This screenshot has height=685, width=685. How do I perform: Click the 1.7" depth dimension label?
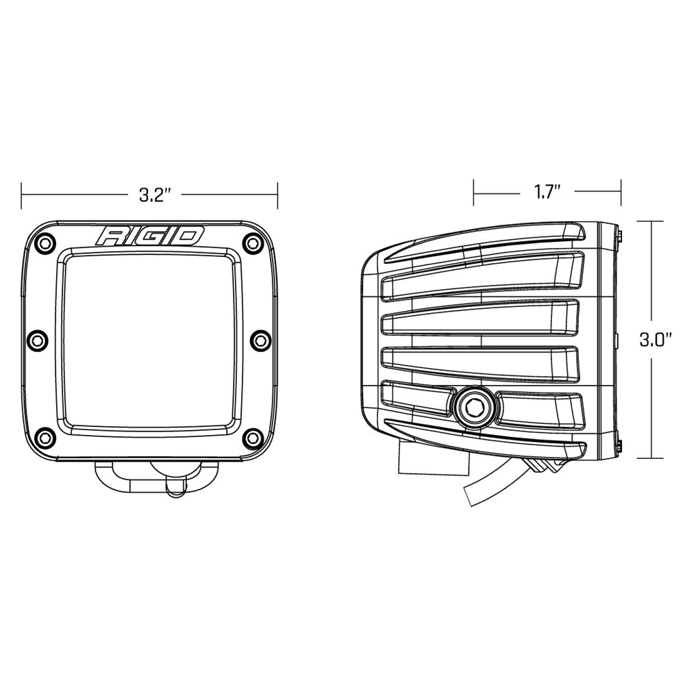(x=547, y=192)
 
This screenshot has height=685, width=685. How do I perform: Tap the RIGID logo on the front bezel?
(x=151, y=236)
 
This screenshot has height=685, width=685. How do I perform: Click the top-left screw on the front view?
(x=45, y=242)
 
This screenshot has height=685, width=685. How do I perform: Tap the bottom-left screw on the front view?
(x=45, y=436)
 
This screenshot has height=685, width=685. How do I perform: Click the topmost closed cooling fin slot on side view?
(x=480, y=274)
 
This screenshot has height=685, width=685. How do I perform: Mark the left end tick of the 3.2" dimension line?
(x=22, y=196)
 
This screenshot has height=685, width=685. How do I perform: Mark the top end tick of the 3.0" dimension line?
(x=650, y=221)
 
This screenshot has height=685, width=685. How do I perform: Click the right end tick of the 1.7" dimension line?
(x=621, y=192)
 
